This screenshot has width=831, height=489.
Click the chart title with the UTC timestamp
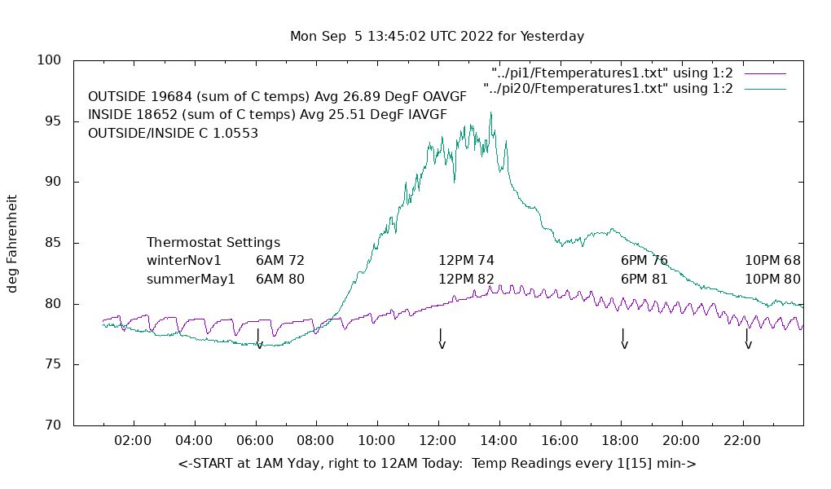point(437,37)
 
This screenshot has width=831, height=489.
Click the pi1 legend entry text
point(612,73)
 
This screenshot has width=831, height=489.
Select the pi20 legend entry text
point(608,88)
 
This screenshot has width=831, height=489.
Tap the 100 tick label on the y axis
point(50,60)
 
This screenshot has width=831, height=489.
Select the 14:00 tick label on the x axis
point(498,441)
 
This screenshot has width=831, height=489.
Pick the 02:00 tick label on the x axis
point(133,441)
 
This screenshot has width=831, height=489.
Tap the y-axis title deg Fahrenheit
point(13,243)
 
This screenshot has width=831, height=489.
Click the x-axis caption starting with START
point(437,464)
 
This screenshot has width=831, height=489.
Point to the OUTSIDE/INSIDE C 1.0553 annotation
point(173,133)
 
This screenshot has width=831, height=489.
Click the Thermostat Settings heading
point(213,243)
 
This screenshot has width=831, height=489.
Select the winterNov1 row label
point(184,261)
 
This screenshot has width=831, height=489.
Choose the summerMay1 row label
point(191,280)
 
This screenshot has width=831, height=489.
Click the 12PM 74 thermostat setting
point(466,261)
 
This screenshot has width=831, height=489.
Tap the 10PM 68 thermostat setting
point(772,261)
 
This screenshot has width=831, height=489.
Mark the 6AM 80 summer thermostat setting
point(280,280)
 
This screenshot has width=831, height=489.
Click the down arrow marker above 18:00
point(624,339)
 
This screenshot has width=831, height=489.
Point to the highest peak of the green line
point(490,113)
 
